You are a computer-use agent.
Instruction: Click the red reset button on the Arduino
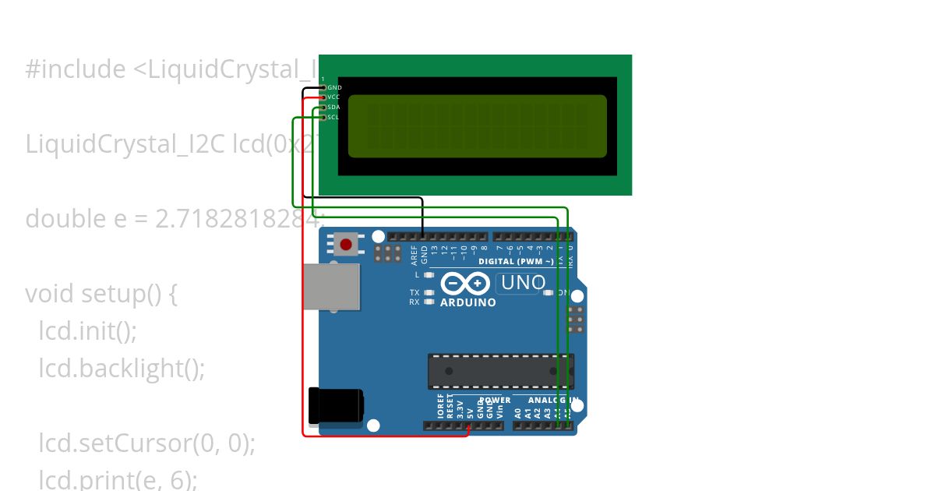pyautogui.click(x=346, y=245)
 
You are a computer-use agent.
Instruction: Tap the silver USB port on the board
pyautogui.click(x=331, y=288)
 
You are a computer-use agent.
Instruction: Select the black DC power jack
pyautogui.click(x=335, y=405)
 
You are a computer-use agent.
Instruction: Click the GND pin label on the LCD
pyautogui.click(x=334, y=87)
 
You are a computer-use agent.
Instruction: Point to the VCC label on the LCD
pyautogui.click(x=333, y=97)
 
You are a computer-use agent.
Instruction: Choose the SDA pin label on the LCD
pyautogui.click(x=333, y=107)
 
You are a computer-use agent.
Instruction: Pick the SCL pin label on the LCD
pyautogui.click(x=333, y=117)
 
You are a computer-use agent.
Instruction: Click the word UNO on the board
pyautogui.click(x=523, y=283)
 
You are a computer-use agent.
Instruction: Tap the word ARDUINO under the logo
pyautogui.click(x=467, y=302)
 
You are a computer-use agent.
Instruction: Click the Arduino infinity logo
pyautogui.click(x=465, y=283)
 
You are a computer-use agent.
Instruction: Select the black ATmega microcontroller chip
pyautogui.click(x=500, y=371)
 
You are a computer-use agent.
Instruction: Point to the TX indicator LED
pyautogui.click(x=429, y=293)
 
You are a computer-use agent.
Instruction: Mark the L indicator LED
pyautogui.click(x=429, y=275)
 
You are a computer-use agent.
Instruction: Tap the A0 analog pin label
pyautogui.click(x=518, y=413)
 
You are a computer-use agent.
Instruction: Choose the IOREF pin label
pyautogui.click(x=441, y=407)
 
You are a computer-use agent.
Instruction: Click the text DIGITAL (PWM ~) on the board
pyautogui.click(x=516, y=262)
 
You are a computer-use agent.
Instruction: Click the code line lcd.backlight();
pyautogui.click(x=122, y=368)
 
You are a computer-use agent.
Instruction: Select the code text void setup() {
pyautogui.click(x=101, y=294)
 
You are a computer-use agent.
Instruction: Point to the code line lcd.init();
pyautogui.click(x=87, y=331)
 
